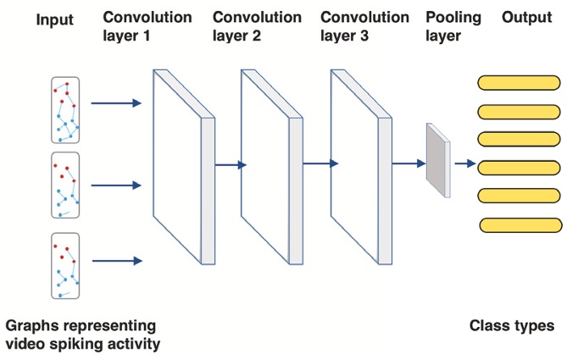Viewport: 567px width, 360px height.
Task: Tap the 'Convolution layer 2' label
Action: pos(257,25)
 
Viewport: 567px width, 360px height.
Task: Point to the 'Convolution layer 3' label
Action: pos(365,25)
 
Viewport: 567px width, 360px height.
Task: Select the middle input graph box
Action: pos(64,186)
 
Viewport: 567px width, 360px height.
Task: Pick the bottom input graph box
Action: pos(64,265)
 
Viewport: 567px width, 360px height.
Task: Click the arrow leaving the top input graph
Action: pos(115,104)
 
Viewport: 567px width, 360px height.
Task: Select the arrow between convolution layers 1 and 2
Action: pos(229,165)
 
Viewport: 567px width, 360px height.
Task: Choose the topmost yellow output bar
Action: pos(519,82)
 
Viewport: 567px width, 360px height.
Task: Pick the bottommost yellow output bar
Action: pos(520,224)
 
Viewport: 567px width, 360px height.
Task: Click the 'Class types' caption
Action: pos(512,325)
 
